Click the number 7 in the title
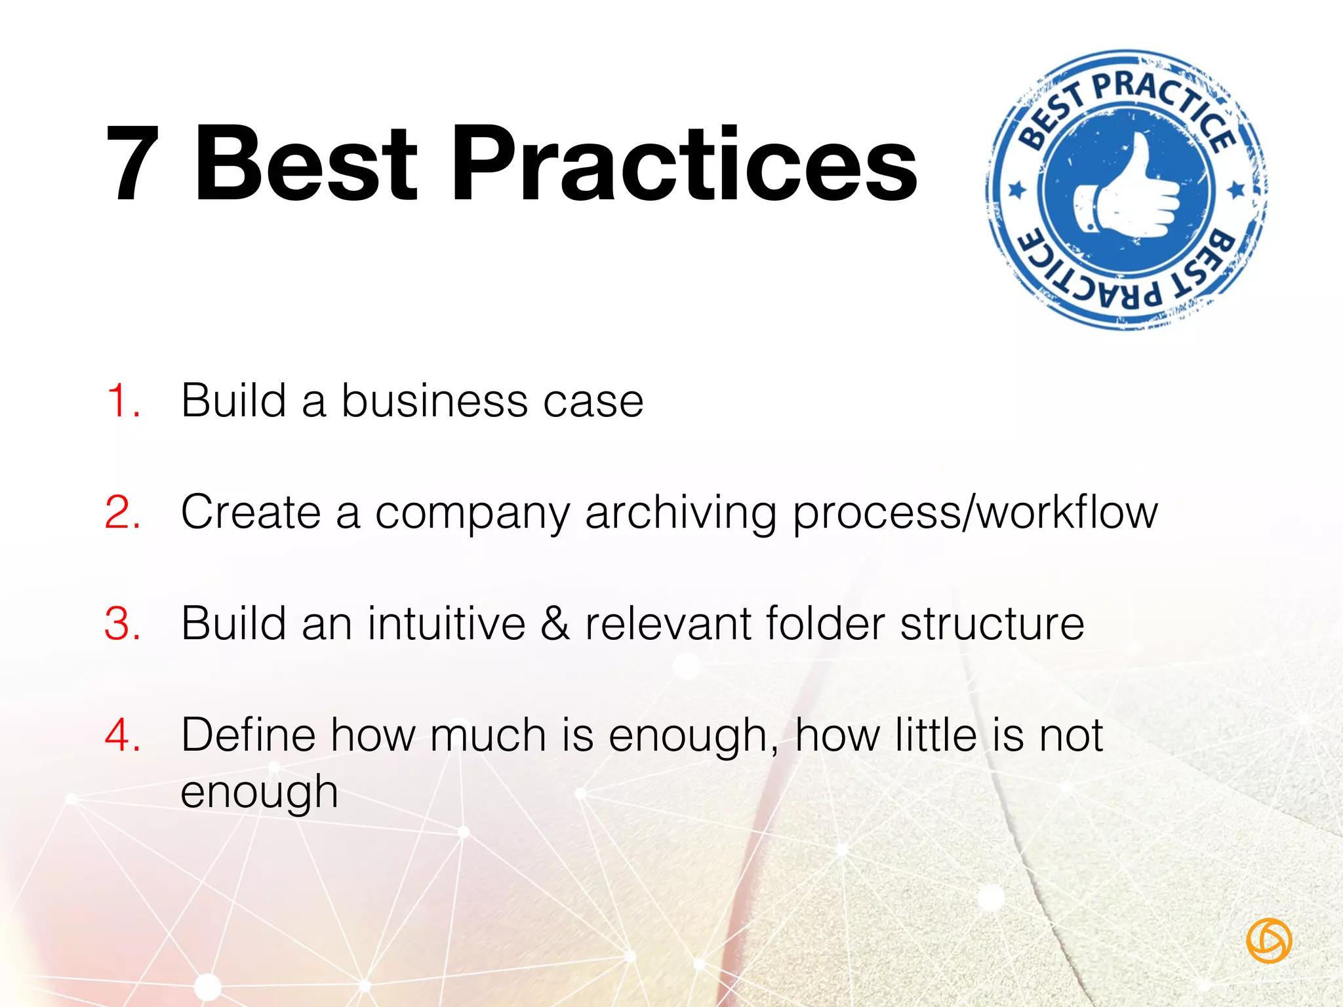(134, 164)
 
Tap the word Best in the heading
(306, 164)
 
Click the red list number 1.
(122, 401)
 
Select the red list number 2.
(122, 512)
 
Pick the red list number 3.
(122, 623)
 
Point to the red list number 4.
(122, 735)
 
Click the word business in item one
(434, 401)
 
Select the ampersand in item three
(555, 623)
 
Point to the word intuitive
(447, 623)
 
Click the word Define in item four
(248, 735)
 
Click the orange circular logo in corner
(1268, 940)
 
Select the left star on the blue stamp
(1017, 190)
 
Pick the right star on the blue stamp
(1236, 190)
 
